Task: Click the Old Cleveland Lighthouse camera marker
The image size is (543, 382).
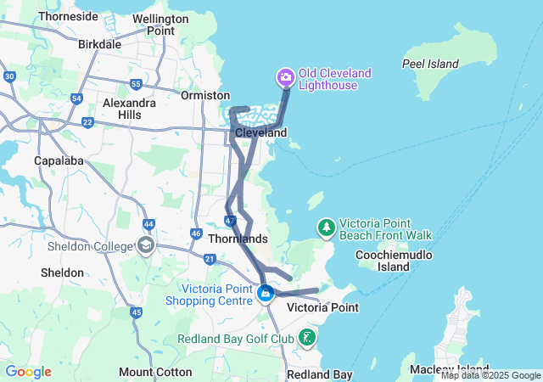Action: point(286,78)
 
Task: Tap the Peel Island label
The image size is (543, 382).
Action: point(430,64)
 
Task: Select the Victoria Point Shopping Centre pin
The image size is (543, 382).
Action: point(266,295)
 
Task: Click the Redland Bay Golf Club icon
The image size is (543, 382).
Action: point(306,339)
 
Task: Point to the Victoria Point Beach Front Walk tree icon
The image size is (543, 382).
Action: point(327,228)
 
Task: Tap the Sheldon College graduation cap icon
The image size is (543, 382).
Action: point(145,246)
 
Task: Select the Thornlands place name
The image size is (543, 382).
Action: point(238,239)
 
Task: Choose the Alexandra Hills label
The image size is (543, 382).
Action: point(129,109)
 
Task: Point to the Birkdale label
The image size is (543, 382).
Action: point(99,43)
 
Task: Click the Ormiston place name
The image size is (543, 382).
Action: point(205,95)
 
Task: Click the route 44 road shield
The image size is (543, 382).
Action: point(148,224)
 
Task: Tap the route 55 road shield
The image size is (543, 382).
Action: point(137,83)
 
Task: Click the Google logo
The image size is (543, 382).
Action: point(28,372)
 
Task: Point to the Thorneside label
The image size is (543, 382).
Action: point(68,16)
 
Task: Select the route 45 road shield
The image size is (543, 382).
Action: point(136,312)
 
